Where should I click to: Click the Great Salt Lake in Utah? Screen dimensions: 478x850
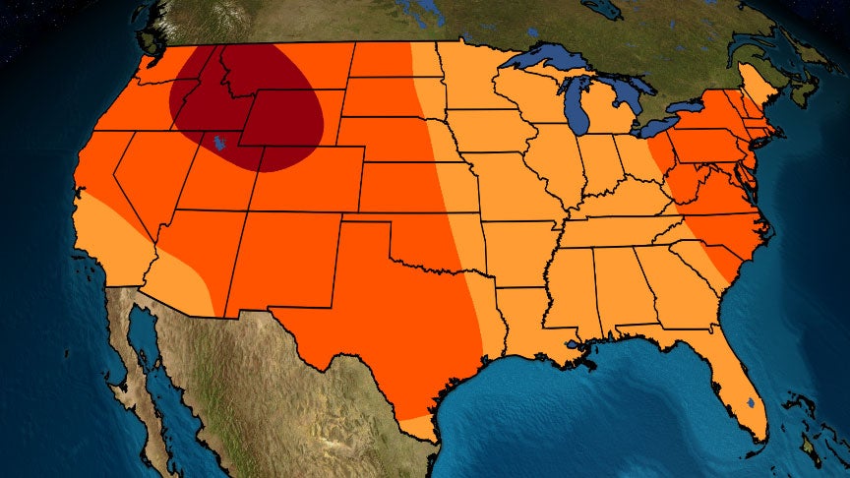click(x=219, y=144)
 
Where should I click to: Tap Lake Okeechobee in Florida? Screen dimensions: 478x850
click(x=753, y=402)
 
